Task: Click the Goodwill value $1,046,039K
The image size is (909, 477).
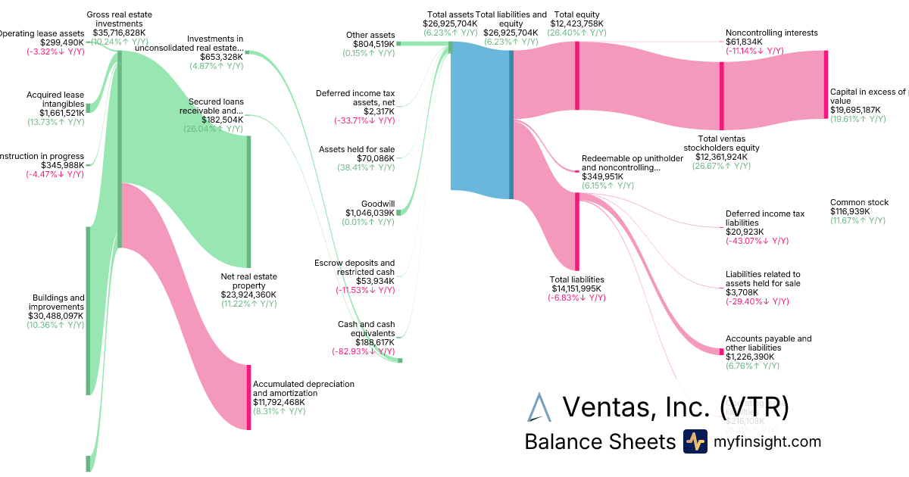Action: click(x=370, y=213)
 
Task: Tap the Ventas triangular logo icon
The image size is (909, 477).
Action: click(x=539, y=407)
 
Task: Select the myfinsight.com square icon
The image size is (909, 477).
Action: click(x=695, y=441)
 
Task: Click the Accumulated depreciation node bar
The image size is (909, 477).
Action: click(x=248, y=397)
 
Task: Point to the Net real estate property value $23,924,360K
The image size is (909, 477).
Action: click(x=248, y=295)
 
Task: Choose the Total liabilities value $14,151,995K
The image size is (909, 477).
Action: click(x=577, y=288)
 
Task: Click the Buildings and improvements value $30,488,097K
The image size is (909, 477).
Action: click(x=55, y=316)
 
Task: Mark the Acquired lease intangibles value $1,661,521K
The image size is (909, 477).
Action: click(x=55, y=113)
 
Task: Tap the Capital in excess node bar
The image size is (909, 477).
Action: click(x=826, y=84)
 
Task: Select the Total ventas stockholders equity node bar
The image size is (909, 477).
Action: click(x=722, y=95)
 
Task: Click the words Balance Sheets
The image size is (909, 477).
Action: click(x=599, y=441)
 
